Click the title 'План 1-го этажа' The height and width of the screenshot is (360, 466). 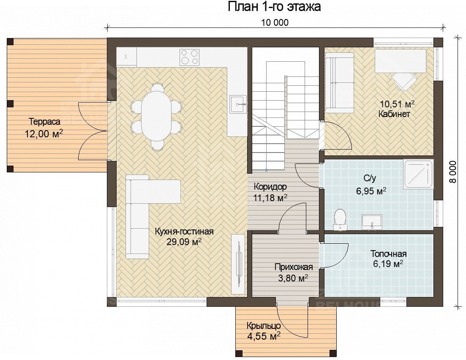pyautogui.click(x=274, y=6)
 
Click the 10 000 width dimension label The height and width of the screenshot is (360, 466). pyautogui.click(x=275, y=22)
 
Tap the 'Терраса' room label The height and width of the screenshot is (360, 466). pyautogui.click(x=45, y=122)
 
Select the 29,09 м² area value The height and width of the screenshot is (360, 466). pyautogui.click(x=184, y=242)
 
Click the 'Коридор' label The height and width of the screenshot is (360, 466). pyautogui.click(x=270, y=187)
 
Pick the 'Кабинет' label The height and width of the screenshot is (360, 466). pyautogui.click(x=394, y=114)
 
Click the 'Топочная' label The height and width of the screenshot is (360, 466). pyautogui.click(x=388, y=254)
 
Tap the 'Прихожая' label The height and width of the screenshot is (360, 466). pyautogui.click(x=294, y=267)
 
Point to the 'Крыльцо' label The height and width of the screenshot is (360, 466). pyautogui.click(x=264, y=326)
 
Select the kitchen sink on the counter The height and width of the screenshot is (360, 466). pyautogui.click(x=238, y=104)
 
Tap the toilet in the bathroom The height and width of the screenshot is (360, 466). pyautogui.click(x=340, y=219)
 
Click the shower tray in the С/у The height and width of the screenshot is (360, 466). pyautogui.click(x=418, y=174)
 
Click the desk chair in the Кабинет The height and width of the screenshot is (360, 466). pyautogui.click(x=403, y=81)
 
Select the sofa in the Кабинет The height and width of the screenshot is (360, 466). pyautogui.click(x=339, y=83)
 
